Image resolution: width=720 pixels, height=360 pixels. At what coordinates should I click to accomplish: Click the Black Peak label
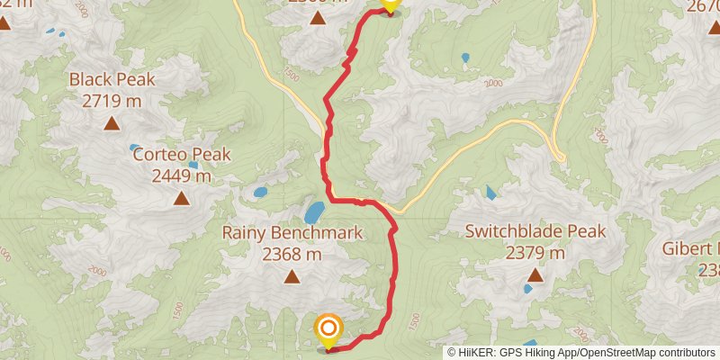(112, 79)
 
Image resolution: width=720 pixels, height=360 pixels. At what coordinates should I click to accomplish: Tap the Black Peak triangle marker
(112, 123)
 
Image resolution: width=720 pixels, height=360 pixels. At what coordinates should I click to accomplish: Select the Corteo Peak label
(182, 155)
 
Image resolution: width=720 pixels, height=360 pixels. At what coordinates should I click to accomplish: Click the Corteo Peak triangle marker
(182, 198)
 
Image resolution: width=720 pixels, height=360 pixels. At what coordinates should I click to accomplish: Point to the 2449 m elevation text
(182, 175)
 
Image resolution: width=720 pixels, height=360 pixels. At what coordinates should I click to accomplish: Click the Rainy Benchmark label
(292, 233)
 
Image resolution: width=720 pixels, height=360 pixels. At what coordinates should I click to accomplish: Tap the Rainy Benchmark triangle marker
(292, 277)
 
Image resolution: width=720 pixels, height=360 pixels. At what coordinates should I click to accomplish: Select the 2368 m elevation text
(292, 255)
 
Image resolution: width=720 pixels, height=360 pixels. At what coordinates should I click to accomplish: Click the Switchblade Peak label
(535, 231)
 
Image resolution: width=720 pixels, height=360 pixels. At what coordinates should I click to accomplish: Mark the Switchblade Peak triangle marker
(535, 275)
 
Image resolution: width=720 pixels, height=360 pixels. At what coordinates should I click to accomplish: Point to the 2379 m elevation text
(535, 253)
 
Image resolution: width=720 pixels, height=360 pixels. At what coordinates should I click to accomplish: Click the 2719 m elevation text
(112, 100)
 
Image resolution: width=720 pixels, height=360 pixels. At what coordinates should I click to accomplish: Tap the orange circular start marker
(328, 328)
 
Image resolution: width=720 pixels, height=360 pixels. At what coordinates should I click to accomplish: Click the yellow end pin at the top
(389, 4)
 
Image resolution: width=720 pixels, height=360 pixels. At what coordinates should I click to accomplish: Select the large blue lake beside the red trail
(314, 212)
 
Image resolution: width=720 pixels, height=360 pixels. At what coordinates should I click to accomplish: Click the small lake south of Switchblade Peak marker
(528, 289)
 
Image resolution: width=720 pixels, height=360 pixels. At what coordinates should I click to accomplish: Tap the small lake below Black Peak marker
(134, 148)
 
